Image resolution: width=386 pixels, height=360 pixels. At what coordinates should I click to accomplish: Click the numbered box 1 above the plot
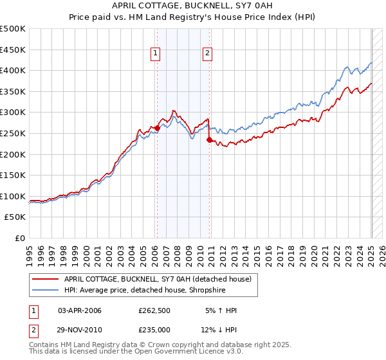156,54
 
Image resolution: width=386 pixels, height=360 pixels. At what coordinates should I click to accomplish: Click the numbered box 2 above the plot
208,54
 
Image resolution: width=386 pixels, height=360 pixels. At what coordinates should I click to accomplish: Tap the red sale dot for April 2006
157,128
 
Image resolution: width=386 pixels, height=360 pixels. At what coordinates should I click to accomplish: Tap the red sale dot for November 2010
209,139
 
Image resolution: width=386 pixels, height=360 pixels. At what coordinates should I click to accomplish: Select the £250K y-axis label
13,133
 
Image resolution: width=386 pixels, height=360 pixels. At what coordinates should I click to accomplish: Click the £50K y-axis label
15,217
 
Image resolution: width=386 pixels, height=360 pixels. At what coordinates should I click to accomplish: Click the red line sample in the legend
45,278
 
